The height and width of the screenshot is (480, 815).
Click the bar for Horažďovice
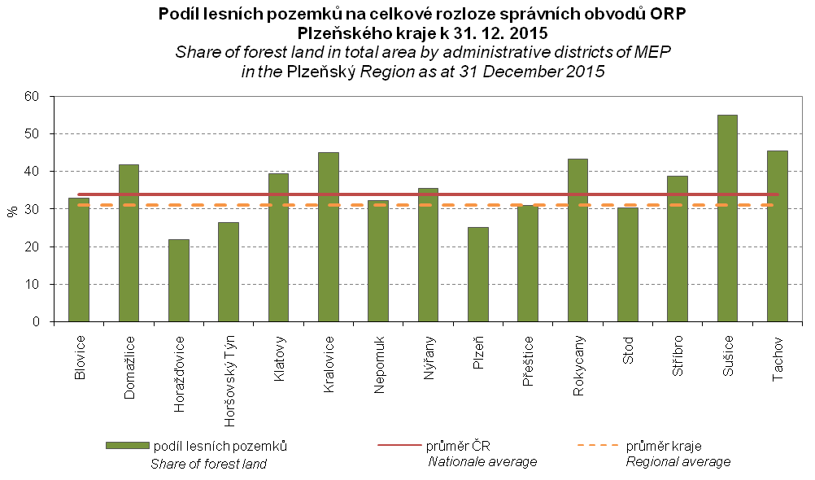point(178,281)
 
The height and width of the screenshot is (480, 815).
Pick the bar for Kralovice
point(328,237)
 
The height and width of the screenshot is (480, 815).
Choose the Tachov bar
point(777,236)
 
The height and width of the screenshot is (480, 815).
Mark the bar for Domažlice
point(129,243)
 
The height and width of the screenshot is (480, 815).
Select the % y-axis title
point(12,209)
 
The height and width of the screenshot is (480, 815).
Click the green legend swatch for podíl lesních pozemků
point(127,446)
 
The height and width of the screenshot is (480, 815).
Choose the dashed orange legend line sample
point(597,446)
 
